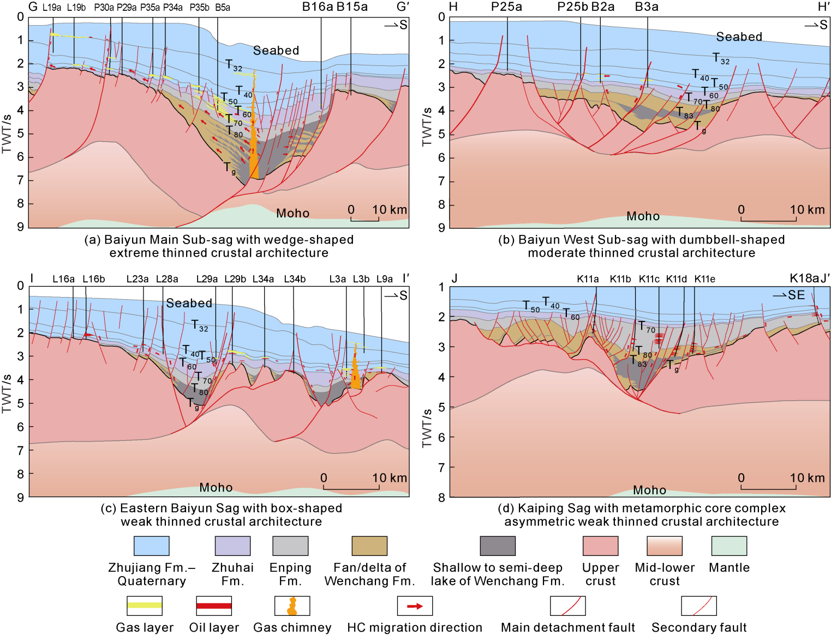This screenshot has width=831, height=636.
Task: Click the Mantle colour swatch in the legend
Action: [x=729, y=546]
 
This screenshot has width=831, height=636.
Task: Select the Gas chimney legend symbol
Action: [x=292, y=605]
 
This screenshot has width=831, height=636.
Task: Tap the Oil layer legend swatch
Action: [x=214, y=605]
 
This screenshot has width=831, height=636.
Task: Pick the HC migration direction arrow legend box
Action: [x=415, y=605]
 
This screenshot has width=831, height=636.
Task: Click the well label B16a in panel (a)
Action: [x=318, y=7]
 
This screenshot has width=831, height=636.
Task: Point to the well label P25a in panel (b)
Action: [x=506, y=7]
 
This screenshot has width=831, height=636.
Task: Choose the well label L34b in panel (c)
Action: [x=295, y=279]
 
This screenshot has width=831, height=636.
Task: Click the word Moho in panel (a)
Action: [x=292, y=213]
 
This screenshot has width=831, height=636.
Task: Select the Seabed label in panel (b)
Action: [x=739, y=37]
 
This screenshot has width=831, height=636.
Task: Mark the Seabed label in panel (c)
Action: [x=189, y=303]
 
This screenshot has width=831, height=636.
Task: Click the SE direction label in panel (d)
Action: [x=796, y=295]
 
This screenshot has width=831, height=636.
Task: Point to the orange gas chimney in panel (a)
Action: [x=253, y=147]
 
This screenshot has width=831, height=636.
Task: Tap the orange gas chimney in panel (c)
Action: [x=355, y=371]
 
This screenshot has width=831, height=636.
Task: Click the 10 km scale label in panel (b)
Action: [x=807, y=210]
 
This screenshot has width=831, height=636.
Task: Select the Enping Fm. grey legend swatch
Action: [x=290, y=546]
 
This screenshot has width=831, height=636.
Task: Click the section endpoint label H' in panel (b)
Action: [x=823, y=7]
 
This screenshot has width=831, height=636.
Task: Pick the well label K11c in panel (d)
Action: [x=649, y=279]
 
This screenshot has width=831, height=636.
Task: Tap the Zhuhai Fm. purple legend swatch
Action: [x=232, y=546]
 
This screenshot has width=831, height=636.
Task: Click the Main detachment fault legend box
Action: [x=567, y=605]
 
